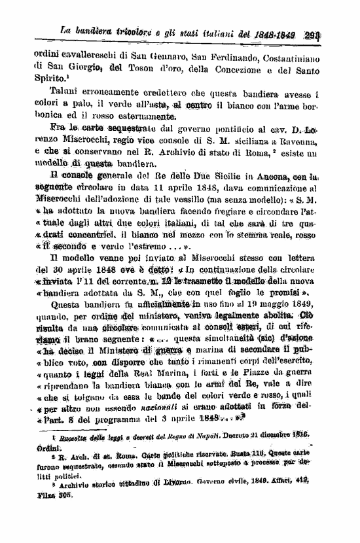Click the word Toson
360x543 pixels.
click(147, 66)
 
